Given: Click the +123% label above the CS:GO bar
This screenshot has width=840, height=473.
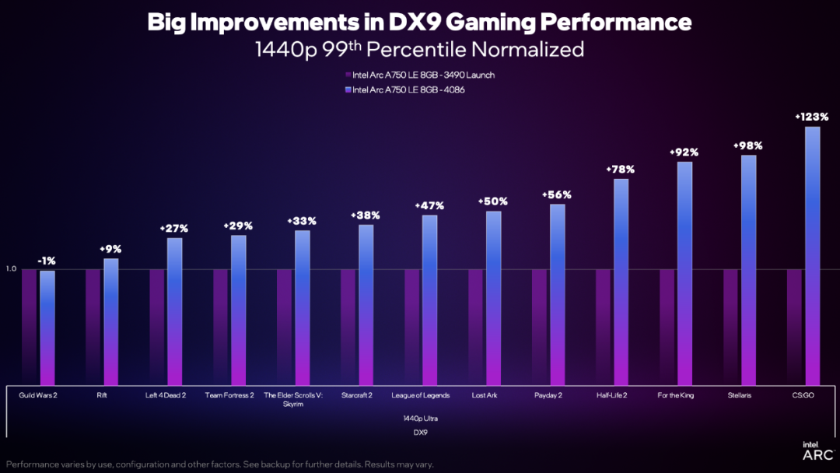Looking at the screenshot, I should coord(812,117).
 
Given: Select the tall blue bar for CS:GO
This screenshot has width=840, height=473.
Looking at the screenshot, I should coord(812,257).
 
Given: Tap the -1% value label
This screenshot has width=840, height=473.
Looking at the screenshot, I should coord(47,261).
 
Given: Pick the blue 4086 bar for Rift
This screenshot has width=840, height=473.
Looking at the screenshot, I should coord(111,322).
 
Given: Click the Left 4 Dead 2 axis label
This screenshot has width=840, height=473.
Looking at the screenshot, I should coord(166,395).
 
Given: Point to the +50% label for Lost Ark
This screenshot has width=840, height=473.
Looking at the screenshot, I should coord(493,201).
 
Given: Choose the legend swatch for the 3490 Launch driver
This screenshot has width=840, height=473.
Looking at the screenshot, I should coord(348,75).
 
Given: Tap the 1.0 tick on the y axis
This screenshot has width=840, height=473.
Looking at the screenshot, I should coord(11,269).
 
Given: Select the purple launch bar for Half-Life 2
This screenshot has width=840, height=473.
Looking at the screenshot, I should coord(604,327).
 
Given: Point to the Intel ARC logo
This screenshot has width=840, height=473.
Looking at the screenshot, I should coord(817,450).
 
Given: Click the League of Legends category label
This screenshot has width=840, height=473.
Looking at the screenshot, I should coord(420,395).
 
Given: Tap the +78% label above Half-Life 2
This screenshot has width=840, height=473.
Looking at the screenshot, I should coord(621,169).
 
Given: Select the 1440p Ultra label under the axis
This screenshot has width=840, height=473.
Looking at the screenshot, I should coord(420,418).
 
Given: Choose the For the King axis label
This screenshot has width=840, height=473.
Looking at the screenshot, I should coord(675,395).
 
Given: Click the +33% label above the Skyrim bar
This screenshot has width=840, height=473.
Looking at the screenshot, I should coord(302,221).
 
